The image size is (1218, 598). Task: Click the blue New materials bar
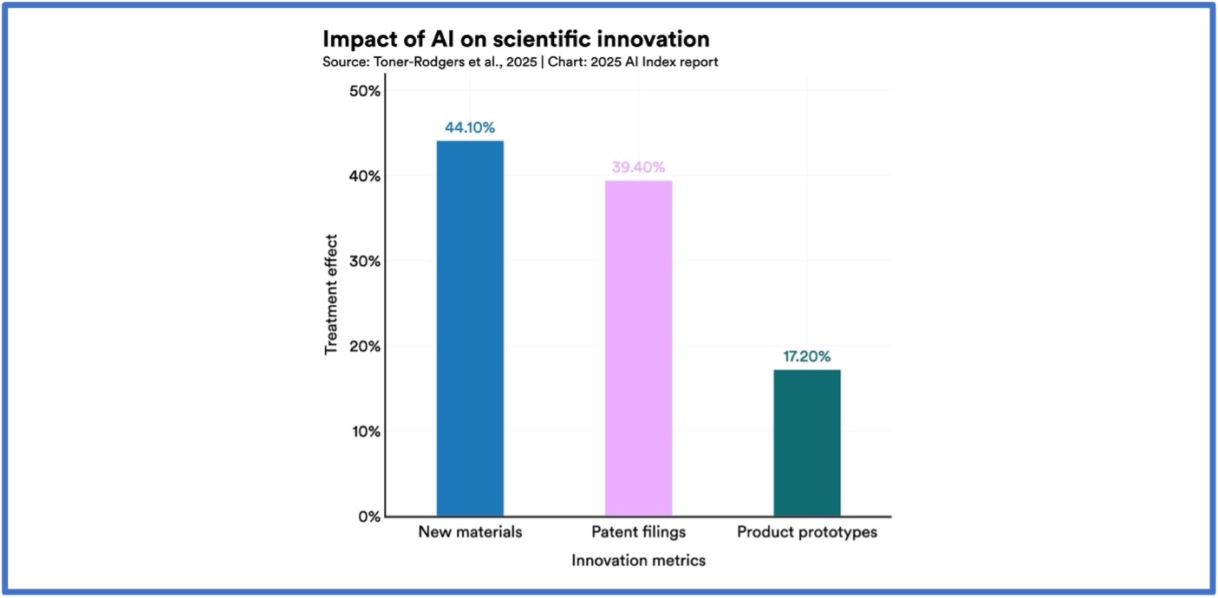[470, 328]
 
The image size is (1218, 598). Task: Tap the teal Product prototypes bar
[806, 443]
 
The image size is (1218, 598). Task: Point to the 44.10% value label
[470, 127]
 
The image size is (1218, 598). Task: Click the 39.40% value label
[638, 167]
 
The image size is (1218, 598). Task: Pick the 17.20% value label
[806, 356]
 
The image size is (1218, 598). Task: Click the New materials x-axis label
[470, 532]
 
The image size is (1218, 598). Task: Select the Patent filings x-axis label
[638, 532]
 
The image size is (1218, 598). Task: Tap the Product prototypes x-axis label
[806, 532]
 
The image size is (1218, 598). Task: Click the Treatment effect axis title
[331, 295]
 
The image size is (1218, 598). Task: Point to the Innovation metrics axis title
[638, 561]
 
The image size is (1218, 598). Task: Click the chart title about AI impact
[516, 39]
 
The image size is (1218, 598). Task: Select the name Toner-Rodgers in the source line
[411, 62]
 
